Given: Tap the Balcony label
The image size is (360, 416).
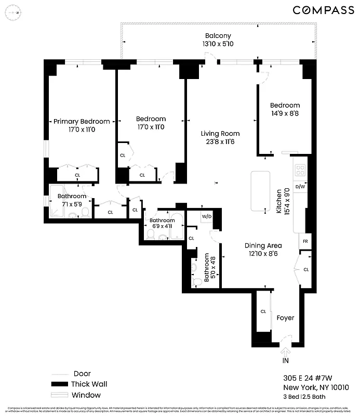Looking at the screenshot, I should coord(218,36).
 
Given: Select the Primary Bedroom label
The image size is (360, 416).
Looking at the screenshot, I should coord(82,122).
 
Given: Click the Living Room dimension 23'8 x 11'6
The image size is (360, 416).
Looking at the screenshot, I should coord(221,141).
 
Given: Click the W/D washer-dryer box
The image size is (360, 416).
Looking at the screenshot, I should coord(206,216).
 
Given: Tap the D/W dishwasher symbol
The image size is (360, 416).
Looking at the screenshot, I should coord(300,187).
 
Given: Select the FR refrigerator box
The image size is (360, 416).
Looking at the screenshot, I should coord(305,242).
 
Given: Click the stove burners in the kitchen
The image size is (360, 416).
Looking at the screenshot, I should coord(300,171).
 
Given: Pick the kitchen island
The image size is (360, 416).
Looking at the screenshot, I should coord(260,191).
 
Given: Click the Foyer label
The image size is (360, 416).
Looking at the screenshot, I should coord(285,318).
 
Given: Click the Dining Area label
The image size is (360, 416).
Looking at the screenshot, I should coord(263,246).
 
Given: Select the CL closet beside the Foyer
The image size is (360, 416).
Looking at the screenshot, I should coord(263,312).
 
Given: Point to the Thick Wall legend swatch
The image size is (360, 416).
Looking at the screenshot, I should coord(60,384).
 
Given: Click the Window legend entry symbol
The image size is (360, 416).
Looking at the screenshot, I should coord(60,395).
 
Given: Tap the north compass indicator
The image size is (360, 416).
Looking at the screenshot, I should coord(17,12).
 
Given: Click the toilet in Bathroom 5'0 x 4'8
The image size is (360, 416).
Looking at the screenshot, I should coord(197,281).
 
